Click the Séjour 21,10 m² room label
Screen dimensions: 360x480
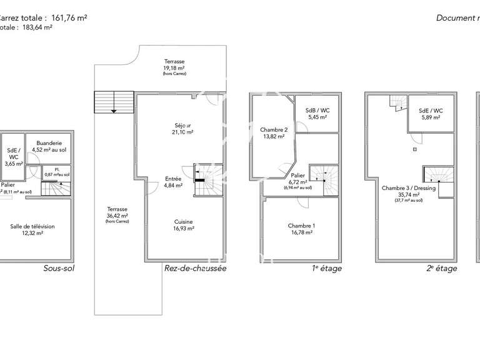[182, 128]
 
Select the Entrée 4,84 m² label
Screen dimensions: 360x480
[173, 182]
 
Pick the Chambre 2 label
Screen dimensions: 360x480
[274, 133]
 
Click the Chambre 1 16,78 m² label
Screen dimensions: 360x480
[301, 229]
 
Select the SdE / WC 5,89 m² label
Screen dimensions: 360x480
[431, 114]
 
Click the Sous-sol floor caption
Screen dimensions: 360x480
[59, 269]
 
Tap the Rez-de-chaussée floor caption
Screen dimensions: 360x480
[195, 269]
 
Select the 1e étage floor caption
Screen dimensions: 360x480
[327, 269]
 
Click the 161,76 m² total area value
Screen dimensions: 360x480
[63, 18]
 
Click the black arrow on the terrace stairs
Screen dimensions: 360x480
[113, 111]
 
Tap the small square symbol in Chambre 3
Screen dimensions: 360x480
[414, 150]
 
